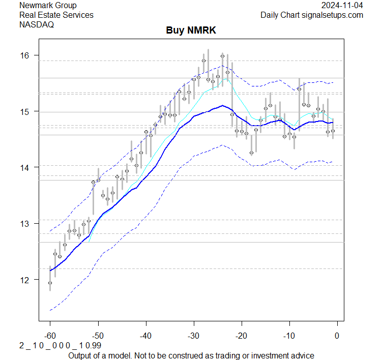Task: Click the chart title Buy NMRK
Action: pyautogui.click(x=191, y=31)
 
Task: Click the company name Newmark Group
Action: pyautogui.click(x=48, y=6)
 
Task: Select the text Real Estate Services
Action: pyautogui.click(x=56, y=15)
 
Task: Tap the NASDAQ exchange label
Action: pyautogui.click(x=37, y=24)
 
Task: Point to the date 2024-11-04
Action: pyautogui.click(x=342, y=6)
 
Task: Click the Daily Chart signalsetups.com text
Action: pyautogui.click(x=312, y=15)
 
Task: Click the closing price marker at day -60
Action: pyautogui.click(x=50, y=283)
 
